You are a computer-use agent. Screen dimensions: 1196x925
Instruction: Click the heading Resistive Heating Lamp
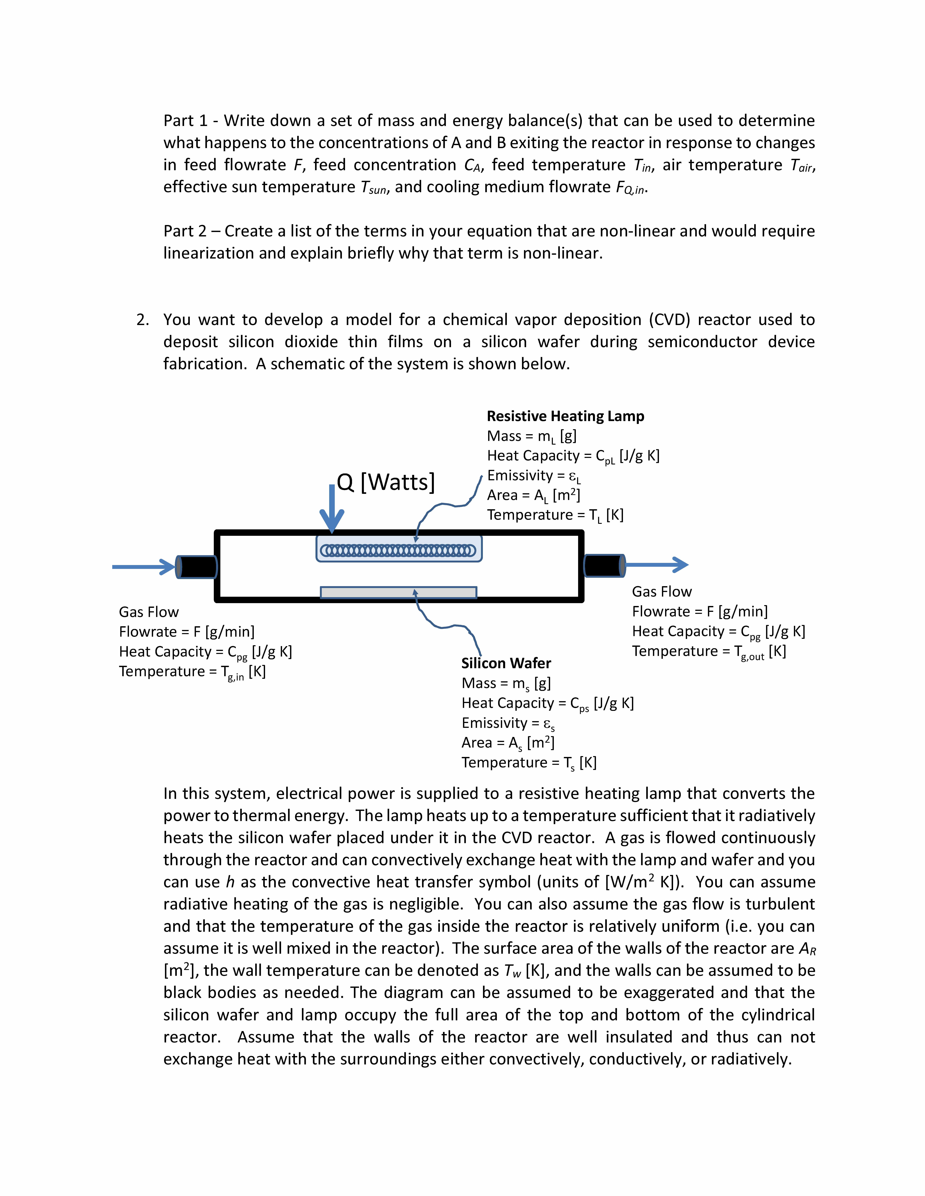click(565, 416)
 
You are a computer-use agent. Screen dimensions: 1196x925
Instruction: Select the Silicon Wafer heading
click(506, 663)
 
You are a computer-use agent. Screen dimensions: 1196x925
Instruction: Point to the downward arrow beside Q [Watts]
click(331, 509)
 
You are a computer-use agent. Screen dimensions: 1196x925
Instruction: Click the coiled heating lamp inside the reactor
click(398, 550)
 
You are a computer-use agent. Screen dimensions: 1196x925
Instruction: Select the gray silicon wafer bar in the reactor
click(398, 593)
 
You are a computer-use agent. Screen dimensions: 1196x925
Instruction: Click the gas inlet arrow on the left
click(144, 567)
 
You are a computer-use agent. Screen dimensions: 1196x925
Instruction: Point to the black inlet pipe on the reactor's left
click(196, 567)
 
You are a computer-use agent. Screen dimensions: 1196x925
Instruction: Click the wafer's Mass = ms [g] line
click(506, 683)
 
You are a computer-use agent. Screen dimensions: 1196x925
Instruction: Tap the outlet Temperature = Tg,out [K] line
click(708, 652)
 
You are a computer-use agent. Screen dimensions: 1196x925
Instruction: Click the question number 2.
click(143, 320)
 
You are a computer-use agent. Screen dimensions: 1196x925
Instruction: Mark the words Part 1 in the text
click(185, 120)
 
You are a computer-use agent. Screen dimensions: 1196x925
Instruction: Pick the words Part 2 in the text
click(185, 231)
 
